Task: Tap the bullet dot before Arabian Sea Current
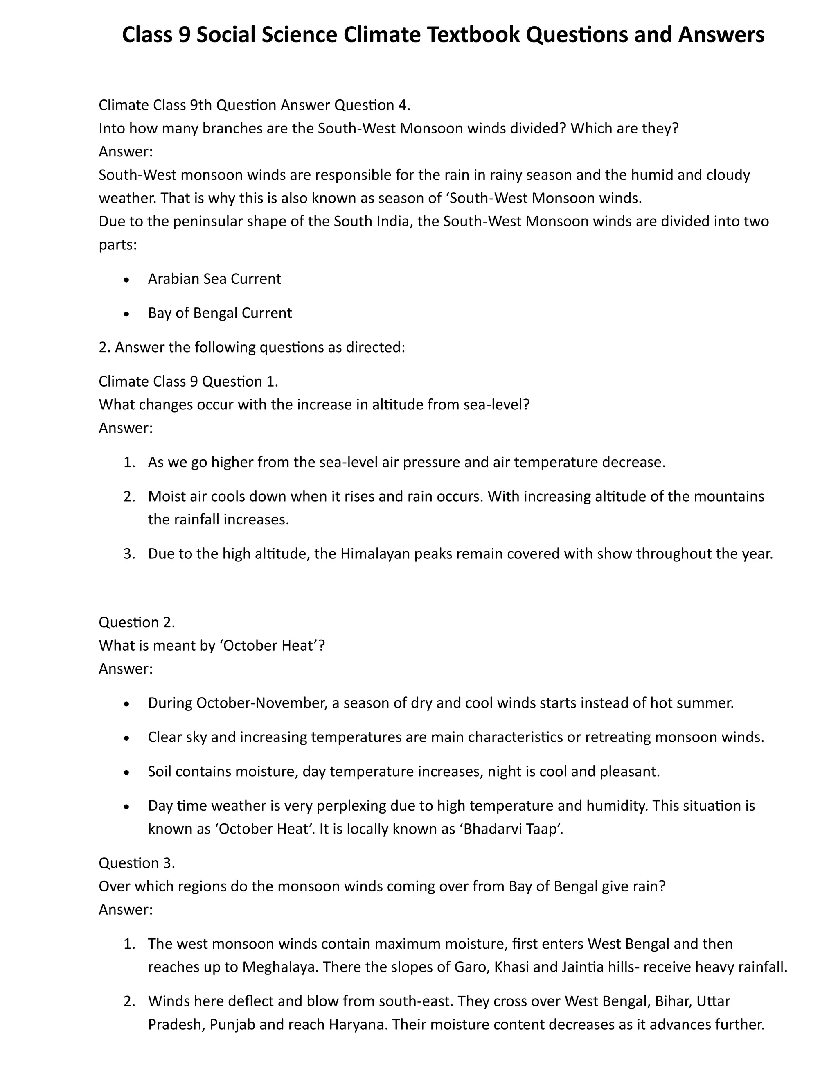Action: click(127, 280)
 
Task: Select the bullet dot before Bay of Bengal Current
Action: click(127, 314)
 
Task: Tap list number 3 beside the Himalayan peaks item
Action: click(129, 554)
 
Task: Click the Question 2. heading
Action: click(137, 622)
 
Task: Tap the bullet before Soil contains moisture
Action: click(127, 773)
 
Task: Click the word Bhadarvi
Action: click(491, 829)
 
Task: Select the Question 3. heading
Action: click(137, 863)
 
